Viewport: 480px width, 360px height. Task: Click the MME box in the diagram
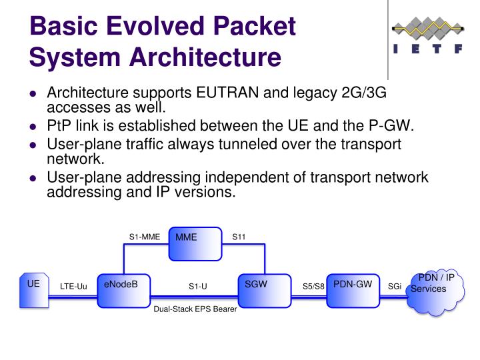[195, 245]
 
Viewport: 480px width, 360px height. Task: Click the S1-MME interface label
[145, 237]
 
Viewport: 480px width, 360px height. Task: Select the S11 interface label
[239, 237]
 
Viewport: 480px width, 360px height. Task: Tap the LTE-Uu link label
[73, 287]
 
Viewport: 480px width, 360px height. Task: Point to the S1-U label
[197, 287]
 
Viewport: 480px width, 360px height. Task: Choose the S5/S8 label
[313, 287]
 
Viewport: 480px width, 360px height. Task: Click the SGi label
[395, 287]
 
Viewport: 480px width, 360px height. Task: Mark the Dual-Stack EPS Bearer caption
[195, 310]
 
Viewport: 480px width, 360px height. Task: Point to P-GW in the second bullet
[394, 126]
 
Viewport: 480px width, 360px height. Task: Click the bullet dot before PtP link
[34, 127]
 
